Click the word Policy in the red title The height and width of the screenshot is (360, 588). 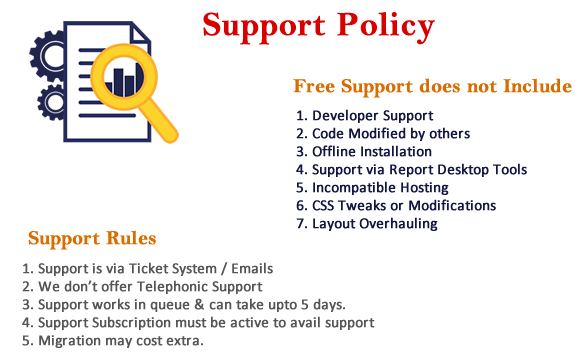tap(386, 26)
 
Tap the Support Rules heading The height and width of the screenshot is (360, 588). tap(92, 239)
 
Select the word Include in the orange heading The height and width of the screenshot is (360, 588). tap(537, 86)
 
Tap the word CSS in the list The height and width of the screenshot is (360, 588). tap(322, 206)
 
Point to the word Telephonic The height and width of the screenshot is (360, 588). tap(172, 287)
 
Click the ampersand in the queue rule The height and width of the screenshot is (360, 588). tap(199, 304)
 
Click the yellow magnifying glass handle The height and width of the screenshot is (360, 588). tap(159, 121)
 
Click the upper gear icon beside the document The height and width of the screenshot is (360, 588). tap(47, 56)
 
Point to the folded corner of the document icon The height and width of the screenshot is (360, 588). tap(140, 33)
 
